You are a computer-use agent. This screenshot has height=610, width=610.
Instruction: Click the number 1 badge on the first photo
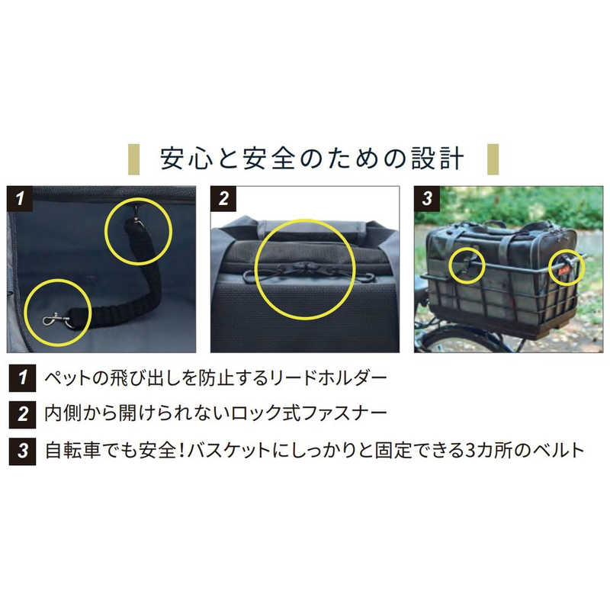coord(20,198)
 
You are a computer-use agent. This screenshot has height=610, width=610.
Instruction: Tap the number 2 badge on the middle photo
coord(223,198)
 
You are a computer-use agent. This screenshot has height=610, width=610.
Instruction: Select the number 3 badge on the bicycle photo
coord(427,198)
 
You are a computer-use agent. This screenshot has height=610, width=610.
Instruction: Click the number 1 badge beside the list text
coord(23,377)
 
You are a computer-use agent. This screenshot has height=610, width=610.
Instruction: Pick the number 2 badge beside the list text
coord(23,414)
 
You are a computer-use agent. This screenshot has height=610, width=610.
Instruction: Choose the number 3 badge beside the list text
coord(23,451)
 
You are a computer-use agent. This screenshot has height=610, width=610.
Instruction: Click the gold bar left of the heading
coord(134,159)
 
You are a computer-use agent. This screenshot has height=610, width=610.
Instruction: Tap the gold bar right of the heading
coord(493,159)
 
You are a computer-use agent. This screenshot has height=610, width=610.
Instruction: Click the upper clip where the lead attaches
coord(136,217)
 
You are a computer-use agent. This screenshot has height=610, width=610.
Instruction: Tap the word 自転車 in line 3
coord(73,451)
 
